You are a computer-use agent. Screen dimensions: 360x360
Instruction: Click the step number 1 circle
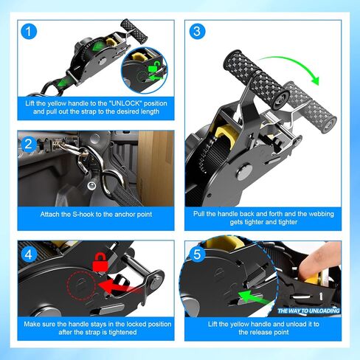point(29,32)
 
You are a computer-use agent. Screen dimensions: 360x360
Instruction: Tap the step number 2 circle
point(29,144)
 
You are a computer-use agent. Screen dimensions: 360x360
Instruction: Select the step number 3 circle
point(197,31)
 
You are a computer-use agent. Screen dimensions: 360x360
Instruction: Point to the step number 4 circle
point(29,254)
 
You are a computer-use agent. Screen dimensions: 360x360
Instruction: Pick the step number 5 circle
point(197,255)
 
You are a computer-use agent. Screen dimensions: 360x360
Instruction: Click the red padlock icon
point(100,262)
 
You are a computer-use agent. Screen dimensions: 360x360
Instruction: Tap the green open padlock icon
point(153,67)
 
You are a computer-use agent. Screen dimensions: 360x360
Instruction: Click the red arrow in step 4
point(120,286)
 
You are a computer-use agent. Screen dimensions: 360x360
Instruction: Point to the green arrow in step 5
point(253,298)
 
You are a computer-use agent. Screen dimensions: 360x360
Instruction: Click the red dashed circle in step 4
point(81,285)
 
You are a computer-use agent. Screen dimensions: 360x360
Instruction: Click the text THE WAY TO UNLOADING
point(308,311)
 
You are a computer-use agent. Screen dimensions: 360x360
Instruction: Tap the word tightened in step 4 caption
point(122,332)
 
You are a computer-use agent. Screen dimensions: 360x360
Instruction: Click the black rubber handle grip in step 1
point(134,31)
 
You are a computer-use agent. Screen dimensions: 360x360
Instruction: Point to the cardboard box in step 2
point(155,167)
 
